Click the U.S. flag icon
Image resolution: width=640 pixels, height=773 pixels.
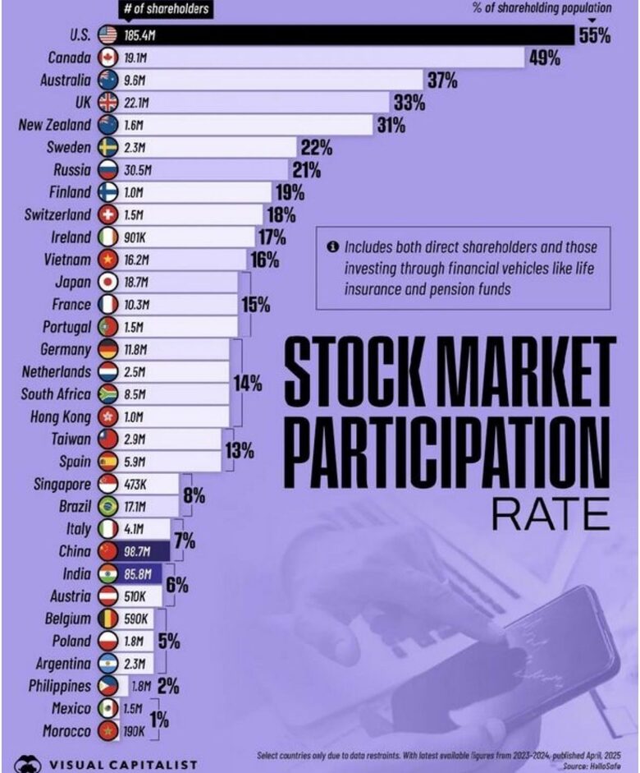[x=107, y=35]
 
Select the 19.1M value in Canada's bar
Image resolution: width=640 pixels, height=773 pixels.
[x=138, y=58]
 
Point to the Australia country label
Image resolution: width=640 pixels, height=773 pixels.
[x=66, y=81]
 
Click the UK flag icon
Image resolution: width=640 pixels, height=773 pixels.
[x=107, y=103]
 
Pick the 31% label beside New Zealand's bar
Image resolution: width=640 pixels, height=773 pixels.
[x=390, y=126]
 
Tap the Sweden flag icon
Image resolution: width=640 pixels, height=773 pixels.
[x=107, y=148]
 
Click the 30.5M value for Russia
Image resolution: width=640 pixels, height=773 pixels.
[x=139, y=170]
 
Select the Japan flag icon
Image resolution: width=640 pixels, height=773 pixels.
[x=107, y=282]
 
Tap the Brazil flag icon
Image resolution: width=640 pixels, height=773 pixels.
[x=107, y=506]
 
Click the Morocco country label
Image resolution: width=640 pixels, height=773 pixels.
[x=61, y=730]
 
